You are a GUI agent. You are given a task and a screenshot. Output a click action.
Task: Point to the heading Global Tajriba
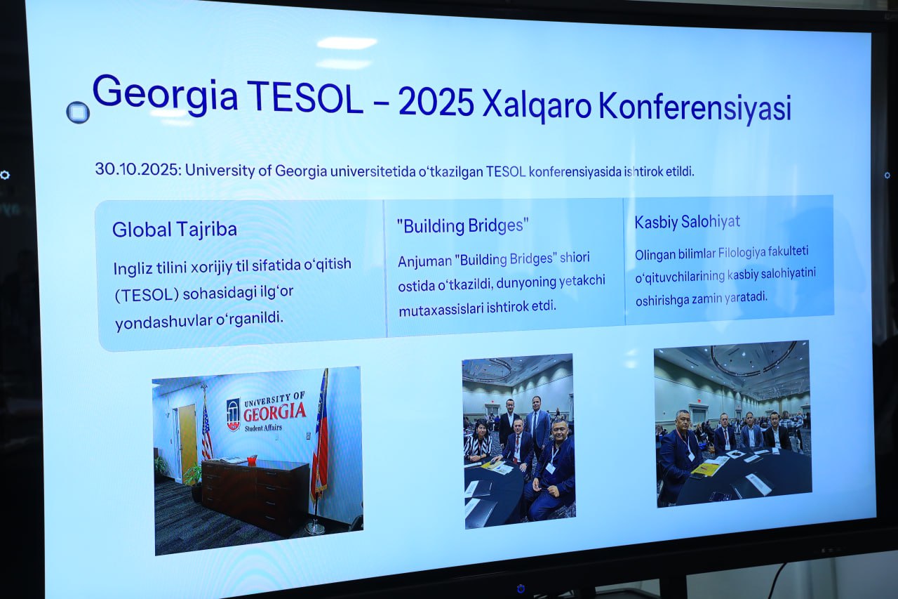(175, 230)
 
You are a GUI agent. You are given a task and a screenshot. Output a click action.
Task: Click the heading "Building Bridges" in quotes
(462, 225)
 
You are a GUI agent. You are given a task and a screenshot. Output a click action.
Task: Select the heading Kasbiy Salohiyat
(687, 222)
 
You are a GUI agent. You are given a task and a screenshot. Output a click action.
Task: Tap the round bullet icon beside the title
(78, 112)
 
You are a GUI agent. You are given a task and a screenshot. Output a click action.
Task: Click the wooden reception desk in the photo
(255, 495)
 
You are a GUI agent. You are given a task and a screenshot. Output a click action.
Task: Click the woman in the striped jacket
(478, 441)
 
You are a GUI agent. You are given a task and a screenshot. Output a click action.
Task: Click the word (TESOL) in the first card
(147, 296)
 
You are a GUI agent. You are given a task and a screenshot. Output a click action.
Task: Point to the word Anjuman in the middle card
(425, 262)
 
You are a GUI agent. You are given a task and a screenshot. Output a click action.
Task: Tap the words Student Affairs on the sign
(263, 428)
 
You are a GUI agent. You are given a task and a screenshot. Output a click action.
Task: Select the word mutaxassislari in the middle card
(441, 309)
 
